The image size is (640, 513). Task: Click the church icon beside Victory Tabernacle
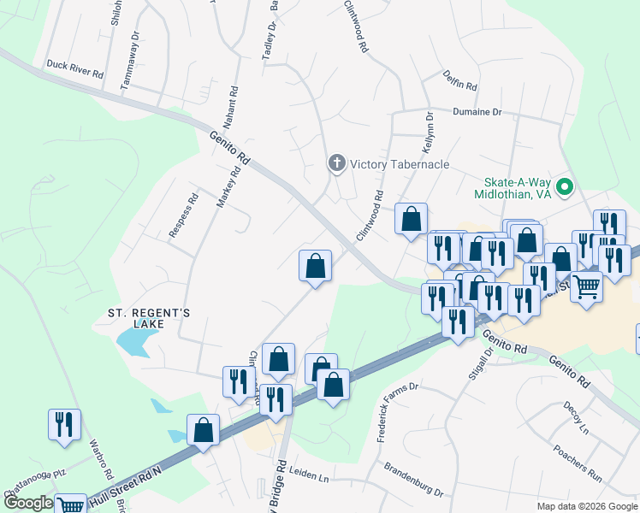(337, 163)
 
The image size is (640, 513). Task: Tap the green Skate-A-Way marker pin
(565, 186)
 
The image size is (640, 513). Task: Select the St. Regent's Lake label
(147, 318)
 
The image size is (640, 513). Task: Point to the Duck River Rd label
(74, 68)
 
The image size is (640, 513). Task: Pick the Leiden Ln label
(311, 475)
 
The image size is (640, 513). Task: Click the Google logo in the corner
(28, 504)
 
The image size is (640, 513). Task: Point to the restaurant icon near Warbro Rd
(65, 425)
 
